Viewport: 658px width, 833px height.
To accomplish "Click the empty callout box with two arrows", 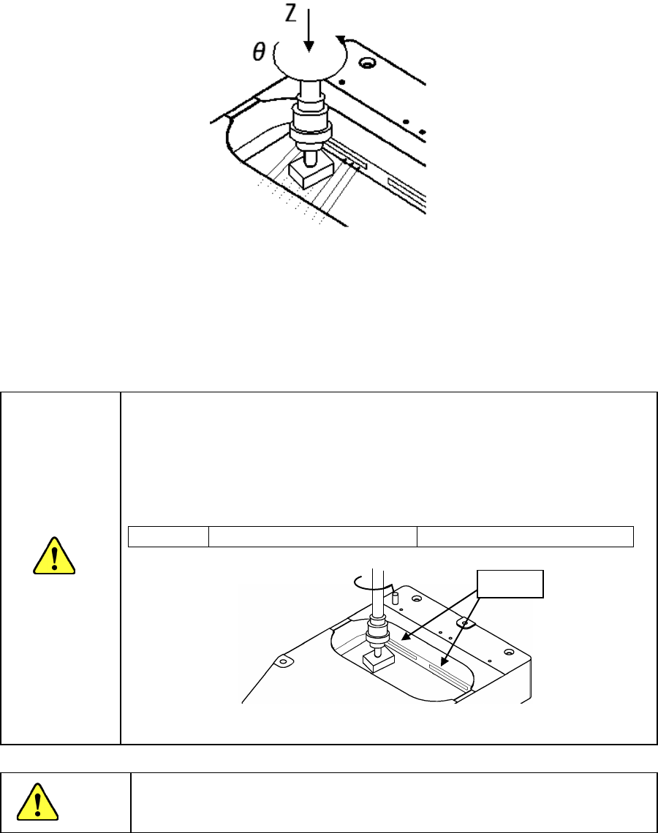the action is (x=510, y=582).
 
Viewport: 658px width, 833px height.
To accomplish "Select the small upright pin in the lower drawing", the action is (x=396, y=597).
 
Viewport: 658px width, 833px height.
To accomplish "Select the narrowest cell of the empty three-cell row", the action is (x=168, y=536).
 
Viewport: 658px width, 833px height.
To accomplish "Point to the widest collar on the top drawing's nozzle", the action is (x=311, y=134).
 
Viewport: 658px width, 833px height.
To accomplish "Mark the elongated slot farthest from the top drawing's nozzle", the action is (x=406, y=188).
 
